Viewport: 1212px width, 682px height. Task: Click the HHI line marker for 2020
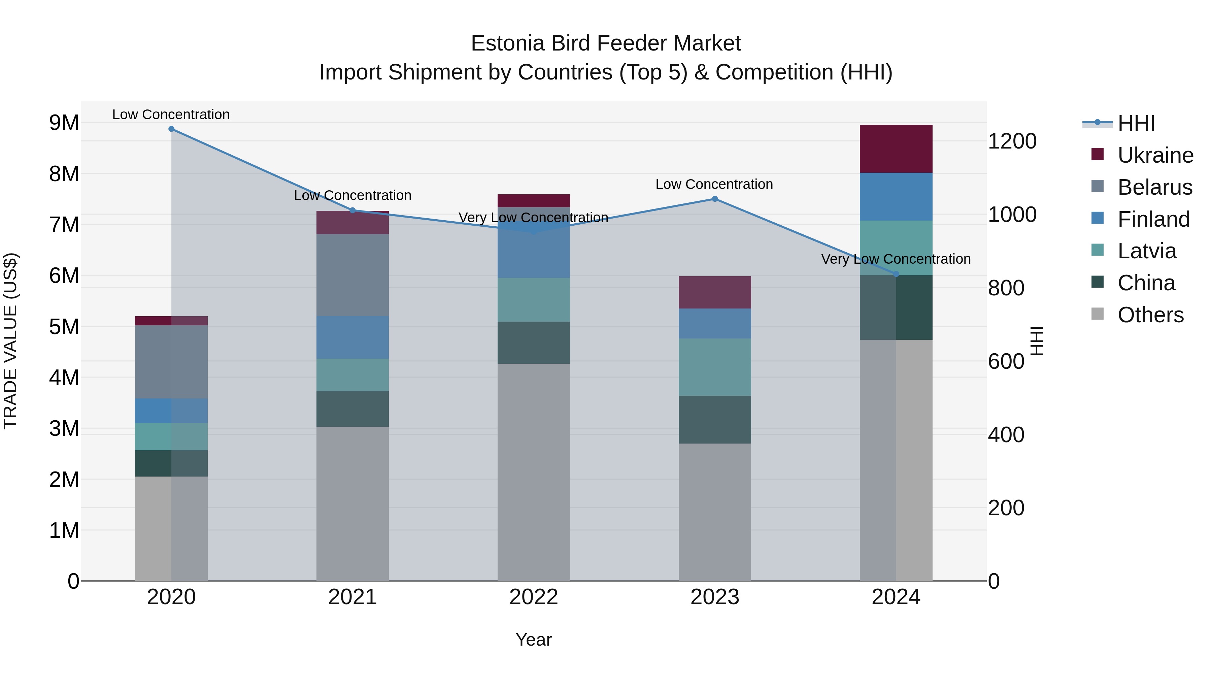[171, 129]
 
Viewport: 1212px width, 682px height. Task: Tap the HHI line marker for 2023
[715, 199]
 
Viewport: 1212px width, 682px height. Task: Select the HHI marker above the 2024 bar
[896, 274]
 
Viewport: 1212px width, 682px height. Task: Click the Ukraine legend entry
[1155, 155]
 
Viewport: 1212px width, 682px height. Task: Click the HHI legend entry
[1136, 123]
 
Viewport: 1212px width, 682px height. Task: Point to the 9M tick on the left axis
[64, 123]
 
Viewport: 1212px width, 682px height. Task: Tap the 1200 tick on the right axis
[1012, 141]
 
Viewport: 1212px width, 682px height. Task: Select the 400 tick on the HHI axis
[1006, 434]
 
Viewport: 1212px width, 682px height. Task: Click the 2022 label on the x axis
[534, 597]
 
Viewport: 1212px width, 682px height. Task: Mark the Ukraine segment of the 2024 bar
[896, 149]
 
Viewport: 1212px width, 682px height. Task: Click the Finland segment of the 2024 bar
[896, 197]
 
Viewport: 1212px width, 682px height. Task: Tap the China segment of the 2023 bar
[715, 419]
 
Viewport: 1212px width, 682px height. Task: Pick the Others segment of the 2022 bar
[534, 472]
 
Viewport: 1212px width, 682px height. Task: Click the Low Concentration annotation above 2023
[714, 185]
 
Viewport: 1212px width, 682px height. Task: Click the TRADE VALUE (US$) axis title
[10, 341]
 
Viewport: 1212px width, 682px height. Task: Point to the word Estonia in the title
[508, 43]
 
